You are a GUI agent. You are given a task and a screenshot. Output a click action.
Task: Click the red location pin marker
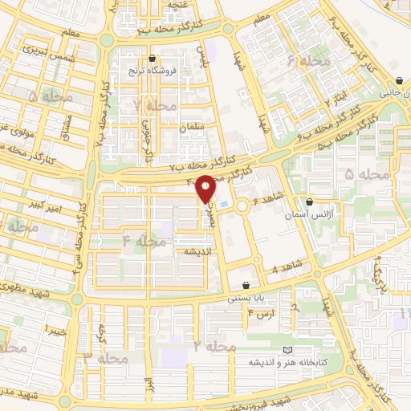coord(206,189)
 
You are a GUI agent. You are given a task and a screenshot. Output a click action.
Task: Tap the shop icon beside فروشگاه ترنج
coord(153,58)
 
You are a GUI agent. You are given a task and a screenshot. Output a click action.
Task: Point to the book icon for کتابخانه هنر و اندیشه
coord(288,350)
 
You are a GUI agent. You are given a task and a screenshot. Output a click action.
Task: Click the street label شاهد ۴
coord(287,267)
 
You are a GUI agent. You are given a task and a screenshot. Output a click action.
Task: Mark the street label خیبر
coord(54,330)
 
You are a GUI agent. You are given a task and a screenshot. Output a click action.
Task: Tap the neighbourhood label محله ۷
coord(155,106)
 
